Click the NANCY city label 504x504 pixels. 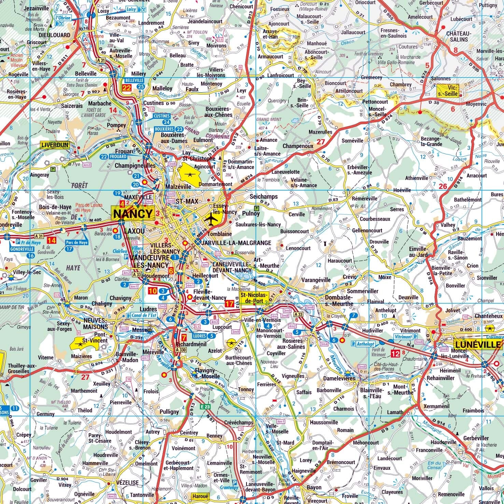click(x=133, y=213)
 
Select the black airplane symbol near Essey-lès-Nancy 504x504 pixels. click(x=212, y=219)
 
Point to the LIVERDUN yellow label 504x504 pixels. click(x=55, y=145)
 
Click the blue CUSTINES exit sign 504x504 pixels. click(x=162, y=116)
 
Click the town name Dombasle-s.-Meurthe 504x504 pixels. click(x=334, y=300)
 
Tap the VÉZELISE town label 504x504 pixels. click(x=128, y=482)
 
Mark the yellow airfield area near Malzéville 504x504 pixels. click(x=190, y=174)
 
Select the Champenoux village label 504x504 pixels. click(x=298, y=146)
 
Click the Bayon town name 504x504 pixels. click(x=314, y=487)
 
